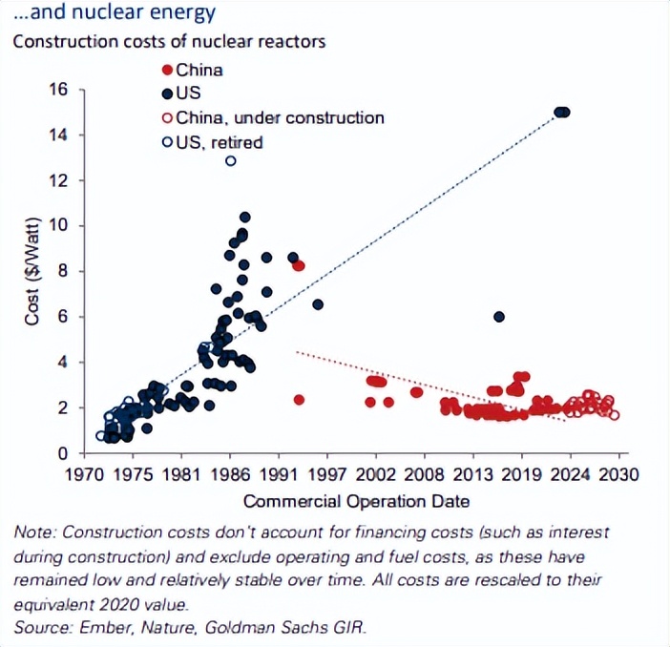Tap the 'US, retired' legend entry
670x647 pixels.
212,143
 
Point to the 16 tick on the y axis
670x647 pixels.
58,89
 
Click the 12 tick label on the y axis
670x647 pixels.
58,180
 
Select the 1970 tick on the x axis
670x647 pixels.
84,474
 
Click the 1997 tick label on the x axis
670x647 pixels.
328,474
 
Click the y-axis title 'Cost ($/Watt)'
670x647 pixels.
32,273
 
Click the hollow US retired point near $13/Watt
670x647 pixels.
230,160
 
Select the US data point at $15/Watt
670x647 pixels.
562,112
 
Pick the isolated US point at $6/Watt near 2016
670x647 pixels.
498,317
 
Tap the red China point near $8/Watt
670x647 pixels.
299,265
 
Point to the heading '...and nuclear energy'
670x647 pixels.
115,13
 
